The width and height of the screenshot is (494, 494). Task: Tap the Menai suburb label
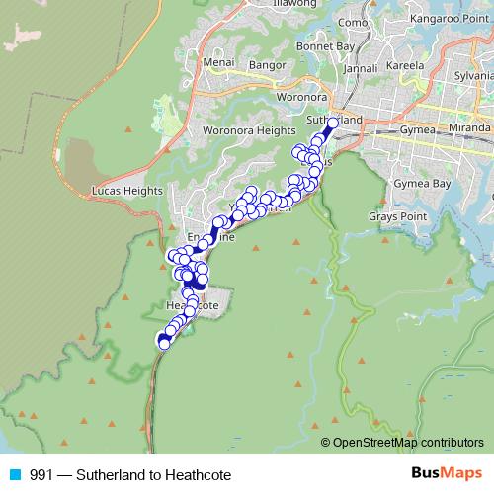[x=218, y=62]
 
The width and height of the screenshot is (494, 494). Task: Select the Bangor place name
[x=267, y=65]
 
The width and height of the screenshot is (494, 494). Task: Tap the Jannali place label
[x=361, y=69]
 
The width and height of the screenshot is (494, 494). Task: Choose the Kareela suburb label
[x=405, y=65]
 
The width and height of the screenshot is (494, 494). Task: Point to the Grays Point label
[x=396, y=215]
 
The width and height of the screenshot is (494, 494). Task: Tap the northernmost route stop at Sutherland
[x=333, y=123]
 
